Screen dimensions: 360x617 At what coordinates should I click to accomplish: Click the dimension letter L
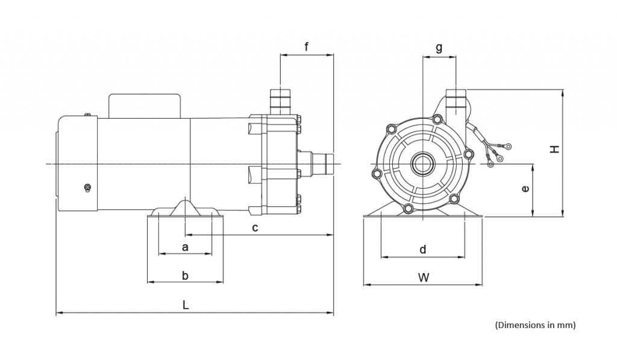pos(186,305)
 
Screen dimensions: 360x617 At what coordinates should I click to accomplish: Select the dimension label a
pos(185,247)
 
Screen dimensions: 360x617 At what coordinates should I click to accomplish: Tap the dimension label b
pos(185,276)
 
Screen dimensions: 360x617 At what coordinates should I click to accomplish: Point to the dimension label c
pos(255,227)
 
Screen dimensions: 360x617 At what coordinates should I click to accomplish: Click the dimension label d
pos(423,249)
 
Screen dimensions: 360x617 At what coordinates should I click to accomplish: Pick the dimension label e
pos(525,189)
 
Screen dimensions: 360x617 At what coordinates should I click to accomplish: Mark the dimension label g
pos(439,47)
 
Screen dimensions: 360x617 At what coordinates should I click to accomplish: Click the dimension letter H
pos(555,148)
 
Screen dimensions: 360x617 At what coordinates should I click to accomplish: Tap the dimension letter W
pos(424,277)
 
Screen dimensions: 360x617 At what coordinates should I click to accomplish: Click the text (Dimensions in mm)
pos(535,325)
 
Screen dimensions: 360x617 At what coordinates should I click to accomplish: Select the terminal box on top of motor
pos(145,106)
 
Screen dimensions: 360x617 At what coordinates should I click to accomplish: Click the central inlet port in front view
pos(421,164)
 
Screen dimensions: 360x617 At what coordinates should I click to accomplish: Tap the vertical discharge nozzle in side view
pos(280,101)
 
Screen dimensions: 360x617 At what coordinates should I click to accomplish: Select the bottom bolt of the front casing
pos(409,209)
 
